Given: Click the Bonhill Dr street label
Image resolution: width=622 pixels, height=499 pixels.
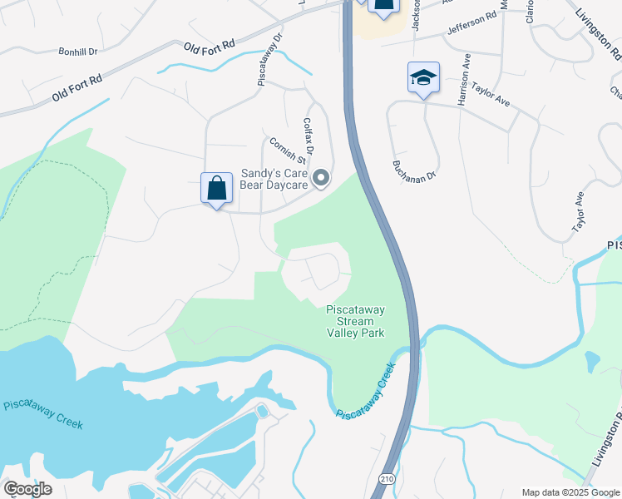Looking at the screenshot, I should [x=78, y=52].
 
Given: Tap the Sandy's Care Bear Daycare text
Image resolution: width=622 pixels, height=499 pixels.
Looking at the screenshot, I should [x=274, y=179].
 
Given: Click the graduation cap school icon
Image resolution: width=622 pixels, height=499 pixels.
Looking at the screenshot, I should [x=423, y=78].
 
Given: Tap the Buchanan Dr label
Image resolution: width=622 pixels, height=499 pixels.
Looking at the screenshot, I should [x=414, y=164].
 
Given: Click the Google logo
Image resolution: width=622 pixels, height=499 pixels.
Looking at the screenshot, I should [x=27, y=489].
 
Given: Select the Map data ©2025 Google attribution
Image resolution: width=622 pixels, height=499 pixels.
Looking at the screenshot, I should [x=570, y=492].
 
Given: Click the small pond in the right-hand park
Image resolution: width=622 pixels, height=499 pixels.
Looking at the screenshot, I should [x=591, y=362].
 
